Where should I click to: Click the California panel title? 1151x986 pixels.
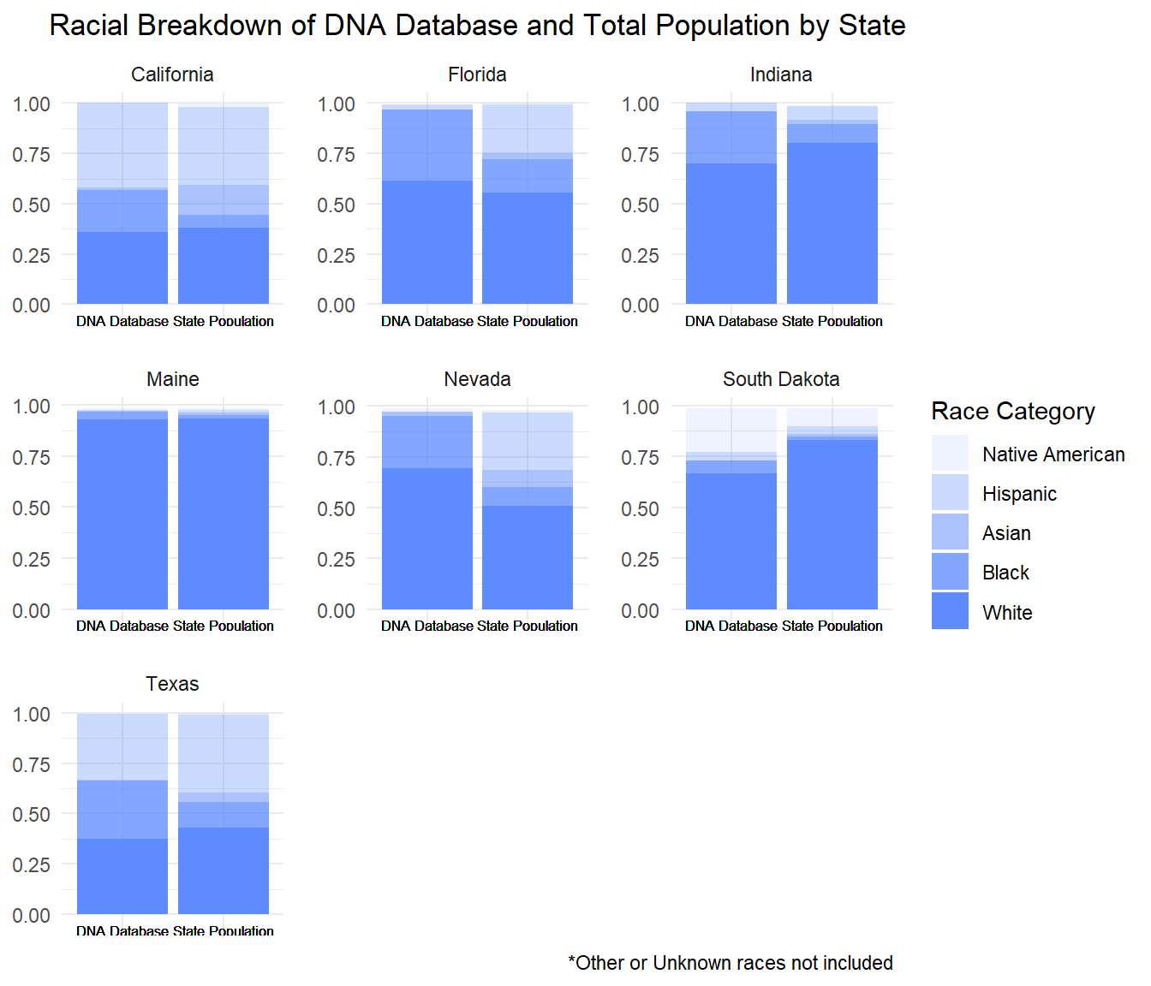(x=172, y=74)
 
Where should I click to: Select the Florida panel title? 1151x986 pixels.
(x=477, y=74)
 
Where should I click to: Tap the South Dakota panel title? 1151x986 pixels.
(x=781, y=379)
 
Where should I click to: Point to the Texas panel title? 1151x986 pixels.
(x=172, y=684)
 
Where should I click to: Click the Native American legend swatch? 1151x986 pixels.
(x=950, y=453)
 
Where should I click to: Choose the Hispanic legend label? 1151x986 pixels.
(x=1019, y=494)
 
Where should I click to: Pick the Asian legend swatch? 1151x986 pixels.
(x=950, y=532)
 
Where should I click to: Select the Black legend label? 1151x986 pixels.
(x=1005, y=573)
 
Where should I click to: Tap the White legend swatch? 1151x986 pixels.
(x=950, y=611)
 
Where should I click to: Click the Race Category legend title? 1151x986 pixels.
(x=1012, y=412)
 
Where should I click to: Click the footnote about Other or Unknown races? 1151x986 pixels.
(x=730, y=963)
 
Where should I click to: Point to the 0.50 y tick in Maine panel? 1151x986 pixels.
(x=32, y=508)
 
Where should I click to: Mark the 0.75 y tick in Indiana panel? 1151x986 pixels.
(x=641, y=155)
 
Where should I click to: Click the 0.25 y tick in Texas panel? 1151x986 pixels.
(x=32, y=864)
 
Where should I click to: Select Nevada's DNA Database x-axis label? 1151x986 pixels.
(x=427, y=626)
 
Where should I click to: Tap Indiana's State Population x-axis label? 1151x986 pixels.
(x=832, y=321)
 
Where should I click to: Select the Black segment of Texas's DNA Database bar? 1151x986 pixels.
(x=122, y=809)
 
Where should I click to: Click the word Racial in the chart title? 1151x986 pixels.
(x=89, y=26)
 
